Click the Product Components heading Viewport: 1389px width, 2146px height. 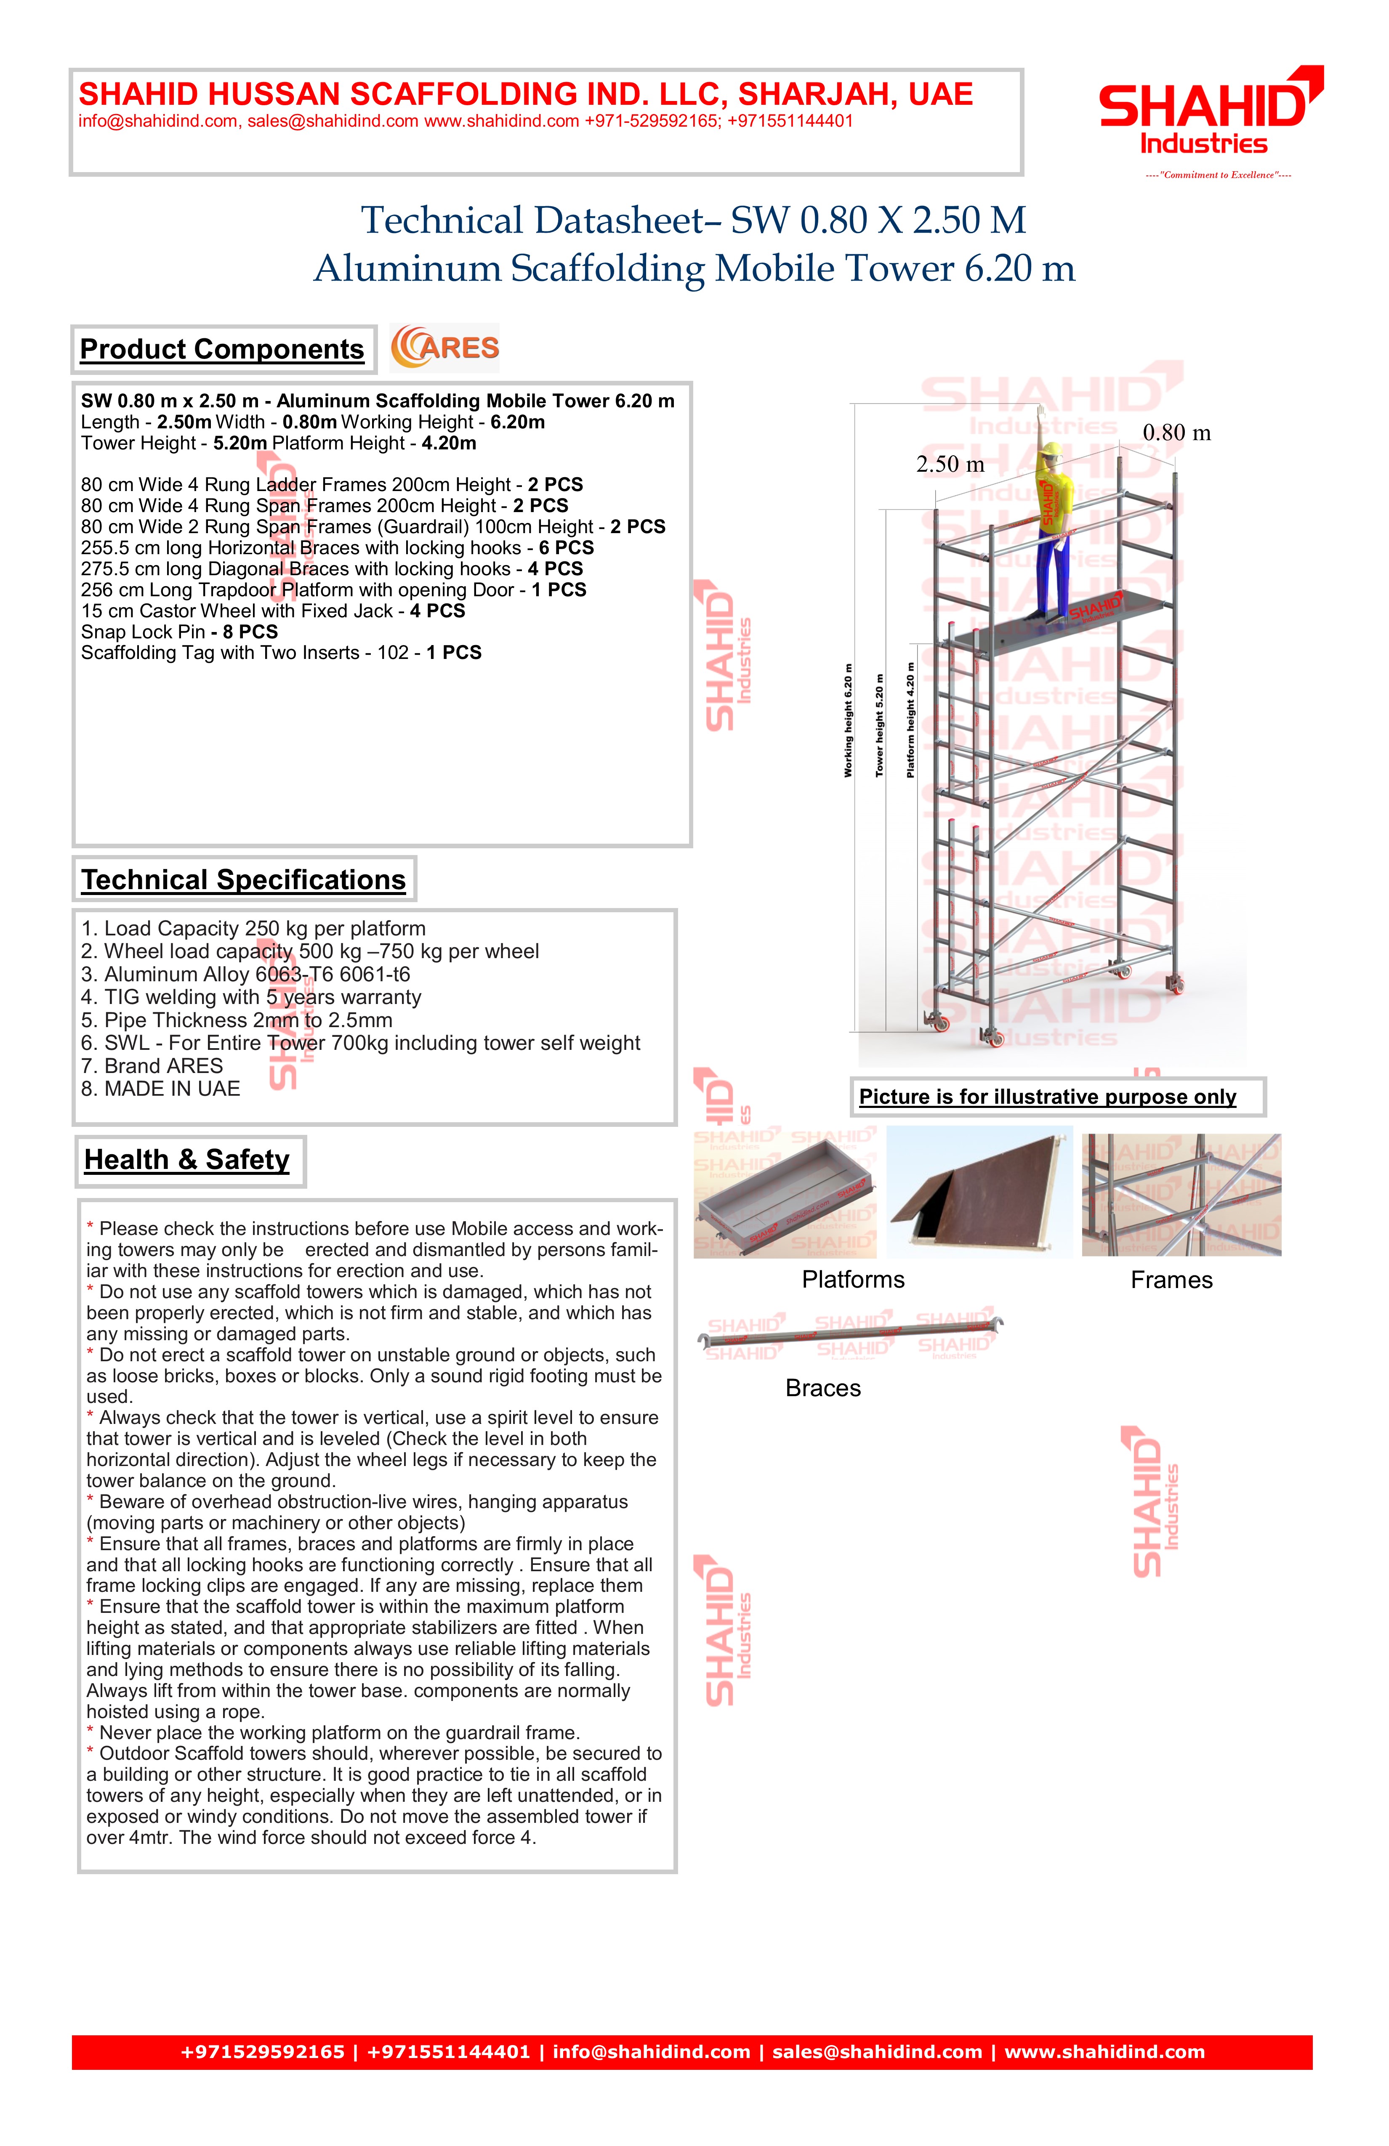coord(222,350)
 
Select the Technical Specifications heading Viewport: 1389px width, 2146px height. coord(244,880)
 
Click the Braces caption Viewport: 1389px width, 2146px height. coord(822,1389)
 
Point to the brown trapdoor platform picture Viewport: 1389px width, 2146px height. coord(979,1192)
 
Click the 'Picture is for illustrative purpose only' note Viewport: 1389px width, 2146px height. coord(1047,1097)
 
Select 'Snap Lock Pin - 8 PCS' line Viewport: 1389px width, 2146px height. coord(179,632)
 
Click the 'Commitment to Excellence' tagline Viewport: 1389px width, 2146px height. coord(1218,175)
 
